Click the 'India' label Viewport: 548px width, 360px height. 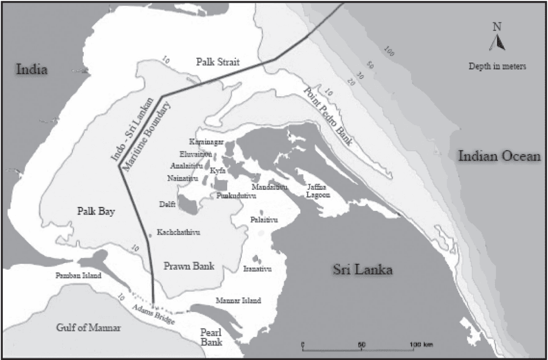pyautogui.click(x=32, y=69)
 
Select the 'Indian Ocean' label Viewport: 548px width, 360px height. pyautogui.click(x=499, y=157)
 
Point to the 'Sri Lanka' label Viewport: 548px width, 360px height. pyautogui.click(x=362, y=270)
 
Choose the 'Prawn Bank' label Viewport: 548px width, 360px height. pyautogui.click(x=189, y=266)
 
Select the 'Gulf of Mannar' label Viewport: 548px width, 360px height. pyautogui.click(x=88, y=328)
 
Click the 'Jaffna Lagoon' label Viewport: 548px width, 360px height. pyautogui.click(x=316, y=191)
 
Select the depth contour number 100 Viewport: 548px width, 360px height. pyautogui.click(x=387, y=52)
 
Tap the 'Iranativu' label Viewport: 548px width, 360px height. pyautogui.click(x=257, y=269)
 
